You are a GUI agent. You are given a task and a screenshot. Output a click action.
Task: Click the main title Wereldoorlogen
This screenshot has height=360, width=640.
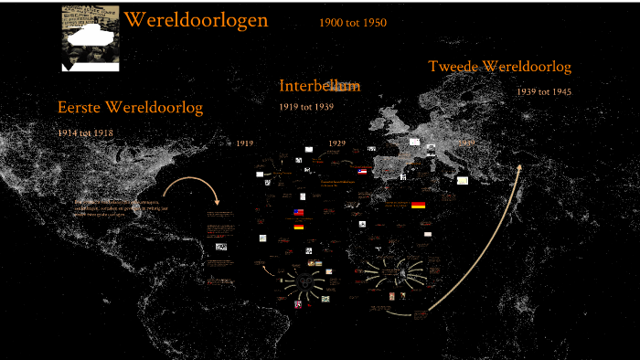[x=196, y=20]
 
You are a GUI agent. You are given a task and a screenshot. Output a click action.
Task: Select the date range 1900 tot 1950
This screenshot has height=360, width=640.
[x=352, y=23]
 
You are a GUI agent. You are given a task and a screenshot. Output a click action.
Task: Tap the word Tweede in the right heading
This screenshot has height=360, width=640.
[x=454, y=67]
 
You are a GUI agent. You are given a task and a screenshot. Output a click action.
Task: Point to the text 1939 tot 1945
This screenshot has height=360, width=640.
[x=544, y=91]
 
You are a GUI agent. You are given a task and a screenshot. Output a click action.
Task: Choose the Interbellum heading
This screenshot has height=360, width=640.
[x=319, y=86]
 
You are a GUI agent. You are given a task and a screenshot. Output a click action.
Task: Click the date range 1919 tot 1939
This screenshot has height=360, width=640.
[x=305, y=107]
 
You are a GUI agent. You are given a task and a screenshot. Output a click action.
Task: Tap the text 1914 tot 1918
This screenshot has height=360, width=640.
[x=85, y=132]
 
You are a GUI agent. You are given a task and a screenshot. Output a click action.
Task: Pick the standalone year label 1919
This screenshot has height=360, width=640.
[x=244, y=143]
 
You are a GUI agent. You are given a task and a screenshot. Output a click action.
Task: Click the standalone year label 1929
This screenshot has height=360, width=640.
[x=336, y=143]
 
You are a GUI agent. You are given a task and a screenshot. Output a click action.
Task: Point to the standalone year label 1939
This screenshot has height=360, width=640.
[x=466, y=143]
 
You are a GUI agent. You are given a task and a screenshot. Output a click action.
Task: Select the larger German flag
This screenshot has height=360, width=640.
[x=418, y=206]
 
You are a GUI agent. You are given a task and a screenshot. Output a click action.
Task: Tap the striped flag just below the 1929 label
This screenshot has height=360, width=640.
[x=362, y=171]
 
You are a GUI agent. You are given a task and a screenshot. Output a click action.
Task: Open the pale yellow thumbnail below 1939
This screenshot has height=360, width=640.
[x=463, y=180]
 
